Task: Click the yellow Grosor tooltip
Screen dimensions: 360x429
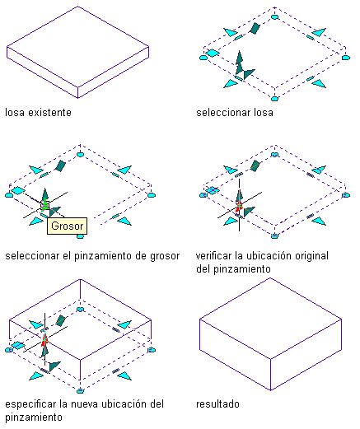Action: pos(67,226)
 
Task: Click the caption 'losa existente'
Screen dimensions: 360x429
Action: pos(38,113)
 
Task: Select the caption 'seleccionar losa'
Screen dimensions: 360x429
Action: pos(235,113)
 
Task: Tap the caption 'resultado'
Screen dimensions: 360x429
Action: pos(217,404)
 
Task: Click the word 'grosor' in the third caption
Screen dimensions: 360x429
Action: pos(165,256)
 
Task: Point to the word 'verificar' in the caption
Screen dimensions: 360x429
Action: pos(213,256)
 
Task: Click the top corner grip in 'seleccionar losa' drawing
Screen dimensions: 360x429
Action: pos(274,17)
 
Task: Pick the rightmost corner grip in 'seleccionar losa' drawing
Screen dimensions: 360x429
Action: pos(346,58)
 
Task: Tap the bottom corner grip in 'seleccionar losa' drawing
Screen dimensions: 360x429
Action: pos(274,99)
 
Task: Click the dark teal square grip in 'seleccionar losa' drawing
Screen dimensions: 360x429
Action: pos(255,29)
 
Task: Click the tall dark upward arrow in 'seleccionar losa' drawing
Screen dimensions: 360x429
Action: pos(240,62)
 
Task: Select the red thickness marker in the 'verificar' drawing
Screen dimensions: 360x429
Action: pos(239,205)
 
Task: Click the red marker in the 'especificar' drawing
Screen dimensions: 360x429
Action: pos(44,340)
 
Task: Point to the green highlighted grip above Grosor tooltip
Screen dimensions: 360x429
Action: pos(44,205)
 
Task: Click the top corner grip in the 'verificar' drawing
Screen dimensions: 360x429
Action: pos(274,155)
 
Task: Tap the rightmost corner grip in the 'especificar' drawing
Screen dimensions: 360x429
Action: pos(152,350)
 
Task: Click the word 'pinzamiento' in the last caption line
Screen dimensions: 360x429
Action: pos(34,417)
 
